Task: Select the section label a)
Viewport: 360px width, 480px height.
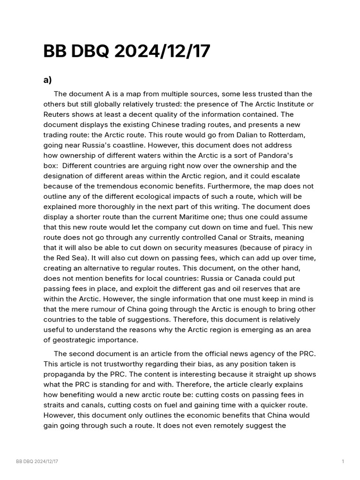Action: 47,80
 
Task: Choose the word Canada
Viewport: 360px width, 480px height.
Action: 243,278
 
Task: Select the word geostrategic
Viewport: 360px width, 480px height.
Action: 76,340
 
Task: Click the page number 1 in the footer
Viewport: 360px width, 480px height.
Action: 343,462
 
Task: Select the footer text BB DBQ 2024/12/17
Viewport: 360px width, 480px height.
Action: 37,462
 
